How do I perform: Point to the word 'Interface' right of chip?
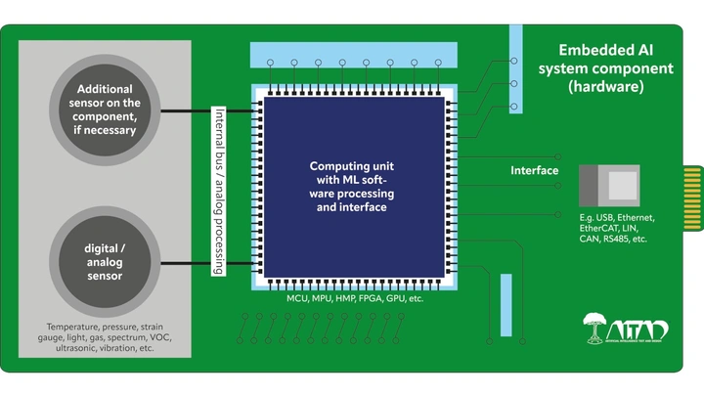(x=535, y=171)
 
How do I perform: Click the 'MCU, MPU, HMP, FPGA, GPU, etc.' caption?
(x=355, y=297)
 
